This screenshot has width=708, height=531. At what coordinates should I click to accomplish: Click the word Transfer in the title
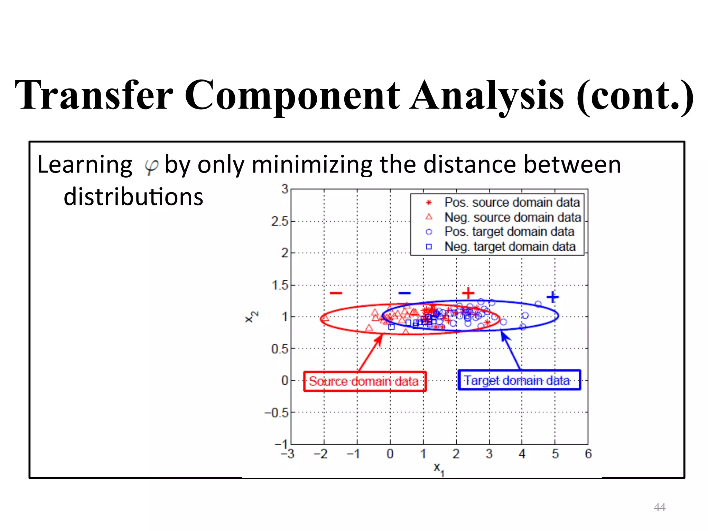pyautogui.click(x=94, y=95)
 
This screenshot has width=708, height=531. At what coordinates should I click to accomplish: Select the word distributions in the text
pyautogui.click(x=133, y=197)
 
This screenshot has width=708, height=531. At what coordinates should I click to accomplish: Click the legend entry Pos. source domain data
pyautogui.click(x=512, y=203)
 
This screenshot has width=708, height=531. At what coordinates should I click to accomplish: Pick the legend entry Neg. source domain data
pyautogui.click(x=512, y=217)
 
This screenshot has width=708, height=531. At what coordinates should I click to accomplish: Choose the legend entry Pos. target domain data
pyautogui.click(x=509, y=232)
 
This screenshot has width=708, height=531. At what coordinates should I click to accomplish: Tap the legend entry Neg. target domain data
pyautogui.click(x=510, y=247)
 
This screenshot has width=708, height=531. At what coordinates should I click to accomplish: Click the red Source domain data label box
pyautogui.click(x=364, y=381)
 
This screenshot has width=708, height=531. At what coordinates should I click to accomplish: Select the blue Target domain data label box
pyautogui.click(x=519, y=380)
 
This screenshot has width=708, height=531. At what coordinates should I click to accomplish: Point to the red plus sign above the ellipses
pyautogui.click(x=468, y=293)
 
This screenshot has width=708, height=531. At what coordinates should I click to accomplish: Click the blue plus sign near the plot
pyautogui.click(x=552, y=297)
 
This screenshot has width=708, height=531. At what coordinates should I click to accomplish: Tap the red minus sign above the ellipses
pyautogui.click(x=336, y=293)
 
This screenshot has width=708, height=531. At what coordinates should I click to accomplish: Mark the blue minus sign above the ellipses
pyautogui.click(x=404, y=293)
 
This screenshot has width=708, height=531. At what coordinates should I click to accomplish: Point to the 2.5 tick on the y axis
pyautogui.click(x=279, y=221)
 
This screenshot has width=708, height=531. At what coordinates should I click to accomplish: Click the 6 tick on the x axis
pyautogui.click(x=588, y=454)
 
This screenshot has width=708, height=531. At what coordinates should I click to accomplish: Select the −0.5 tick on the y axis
pyautogui.click(x=276, y=412)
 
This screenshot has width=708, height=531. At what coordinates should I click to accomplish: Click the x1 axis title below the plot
pyautogui.click(x=438, y=469)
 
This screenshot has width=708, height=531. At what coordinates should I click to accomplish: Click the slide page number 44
pyautogui.click(x=660, y=507)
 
